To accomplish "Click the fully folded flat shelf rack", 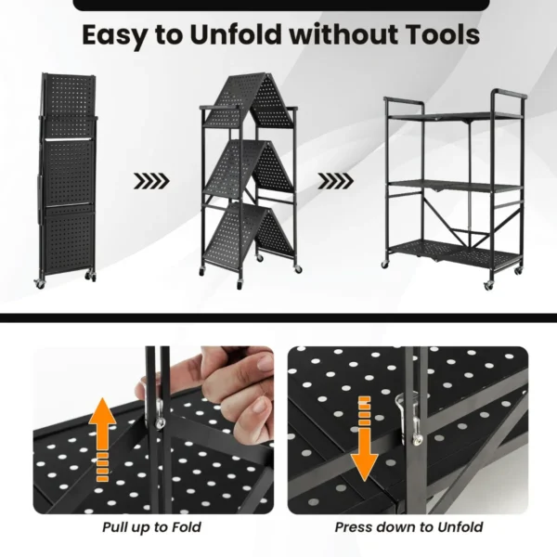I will coord(66,176).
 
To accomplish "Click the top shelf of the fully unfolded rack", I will coord(453,115).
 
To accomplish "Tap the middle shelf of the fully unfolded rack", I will coord(453,186).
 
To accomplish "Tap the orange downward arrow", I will coord(365,436).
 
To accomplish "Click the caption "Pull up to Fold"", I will coord(152,527).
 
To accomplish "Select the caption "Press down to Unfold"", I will coord(408,527).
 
